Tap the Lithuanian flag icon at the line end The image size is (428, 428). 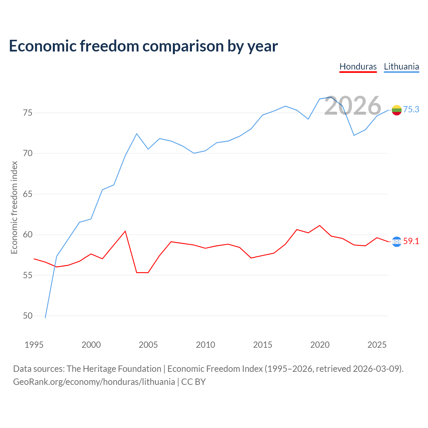point(397,110)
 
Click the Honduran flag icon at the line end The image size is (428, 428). point(397,242)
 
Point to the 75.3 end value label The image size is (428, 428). point(411,109)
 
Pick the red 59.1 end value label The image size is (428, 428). point(411,241)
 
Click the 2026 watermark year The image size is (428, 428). point(353,106)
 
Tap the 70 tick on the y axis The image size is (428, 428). point(28,153)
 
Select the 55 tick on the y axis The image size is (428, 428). point(28,275)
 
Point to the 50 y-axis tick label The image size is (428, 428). point(28,316)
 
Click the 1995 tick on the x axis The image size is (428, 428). point(34,345)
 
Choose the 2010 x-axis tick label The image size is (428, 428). point(205,345)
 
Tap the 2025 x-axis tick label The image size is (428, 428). point(377,345)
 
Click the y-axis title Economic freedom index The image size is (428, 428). point(14,207)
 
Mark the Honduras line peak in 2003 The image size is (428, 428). point(125,231)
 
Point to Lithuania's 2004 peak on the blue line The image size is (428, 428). point(137,134)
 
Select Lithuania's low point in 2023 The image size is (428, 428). point(354,135)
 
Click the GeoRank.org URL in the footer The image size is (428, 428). point(94,382)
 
